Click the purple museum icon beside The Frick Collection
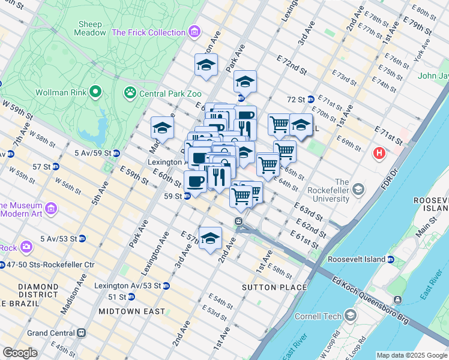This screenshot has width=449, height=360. pos(194,31)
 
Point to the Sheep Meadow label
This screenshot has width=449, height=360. pos(91,28)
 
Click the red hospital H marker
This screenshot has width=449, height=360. pos(379,154)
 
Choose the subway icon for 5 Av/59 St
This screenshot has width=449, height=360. pos(116,153)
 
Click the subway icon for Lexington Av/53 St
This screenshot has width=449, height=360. pos(166,286)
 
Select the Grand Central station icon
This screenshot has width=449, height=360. pos(82,332)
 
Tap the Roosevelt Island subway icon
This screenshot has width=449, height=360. pos(391,260)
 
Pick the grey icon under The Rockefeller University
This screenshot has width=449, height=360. pos(358,191)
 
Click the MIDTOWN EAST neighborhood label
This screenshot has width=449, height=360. pos(131,311)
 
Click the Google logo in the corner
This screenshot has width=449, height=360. pos(20,352)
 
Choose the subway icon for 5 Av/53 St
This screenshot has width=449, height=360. pos(82,238)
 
